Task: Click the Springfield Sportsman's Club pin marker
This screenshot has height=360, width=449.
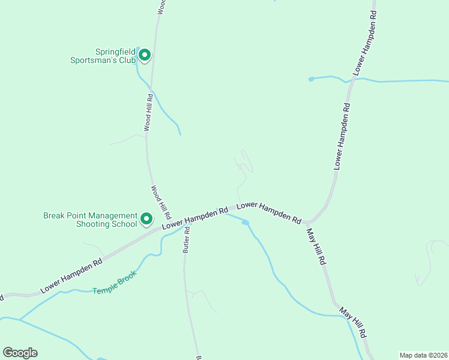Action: [x=144, y=56]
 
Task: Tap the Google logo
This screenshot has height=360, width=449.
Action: [x=20, y=353]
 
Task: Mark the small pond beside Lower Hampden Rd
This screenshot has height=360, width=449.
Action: [x=245, y=223]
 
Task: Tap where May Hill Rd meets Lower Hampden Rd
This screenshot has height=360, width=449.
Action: [x=306, y=222]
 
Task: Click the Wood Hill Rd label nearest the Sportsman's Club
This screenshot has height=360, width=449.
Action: [x=148, y=112]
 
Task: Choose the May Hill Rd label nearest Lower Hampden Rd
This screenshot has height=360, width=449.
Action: [x=315, y=246]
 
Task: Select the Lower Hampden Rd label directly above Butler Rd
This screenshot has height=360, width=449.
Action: [x=195, y=217]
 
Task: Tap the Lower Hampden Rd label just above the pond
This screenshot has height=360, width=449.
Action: [x=269, y=213]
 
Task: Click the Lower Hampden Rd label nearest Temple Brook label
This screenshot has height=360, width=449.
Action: [x=71, y=276]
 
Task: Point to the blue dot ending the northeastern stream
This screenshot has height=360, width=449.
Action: [x=311, y=79]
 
